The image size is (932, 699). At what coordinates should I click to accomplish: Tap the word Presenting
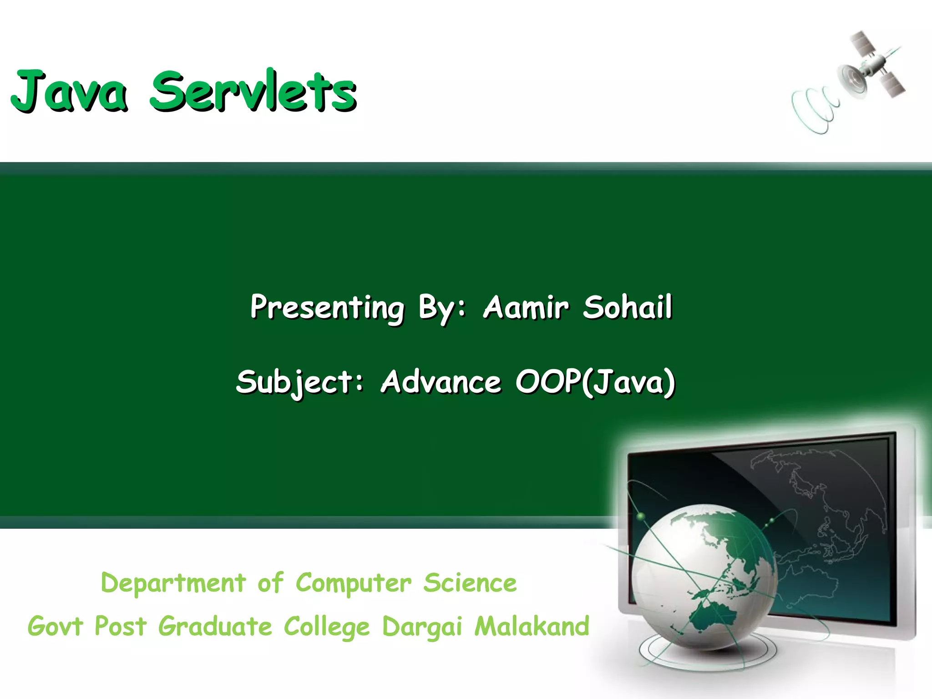click(327, 308)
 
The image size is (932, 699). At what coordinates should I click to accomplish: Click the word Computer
click(354, 583)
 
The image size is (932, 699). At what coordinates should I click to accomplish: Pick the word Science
click(470, 583)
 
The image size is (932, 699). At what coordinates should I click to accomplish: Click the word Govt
click(56, 626)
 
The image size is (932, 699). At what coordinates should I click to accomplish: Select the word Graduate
click(215, 627)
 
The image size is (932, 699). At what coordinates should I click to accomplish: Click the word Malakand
click(532, 626)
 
